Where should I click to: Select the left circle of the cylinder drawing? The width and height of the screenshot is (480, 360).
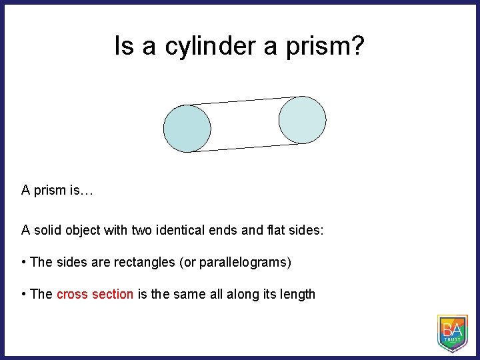[187, 128]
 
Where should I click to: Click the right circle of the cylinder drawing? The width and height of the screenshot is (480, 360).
[302, 120]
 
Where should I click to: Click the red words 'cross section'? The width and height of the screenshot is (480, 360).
[95, 294]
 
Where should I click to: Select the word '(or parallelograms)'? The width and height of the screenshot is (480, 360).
[235, 262]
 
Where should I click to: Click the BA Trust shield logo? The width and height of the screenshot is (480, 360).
[452, 333]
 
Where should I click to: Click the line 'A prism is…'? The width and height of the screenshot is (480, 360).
[57, 191]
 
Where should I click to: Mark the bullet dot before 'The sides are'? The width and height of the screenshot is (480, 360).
[24, 262]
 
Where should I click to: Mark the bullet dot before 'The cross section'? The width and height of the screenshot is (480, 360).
[24, 294]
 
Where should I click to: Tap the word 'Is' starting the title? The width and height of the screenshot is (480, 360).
[123, 47]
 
